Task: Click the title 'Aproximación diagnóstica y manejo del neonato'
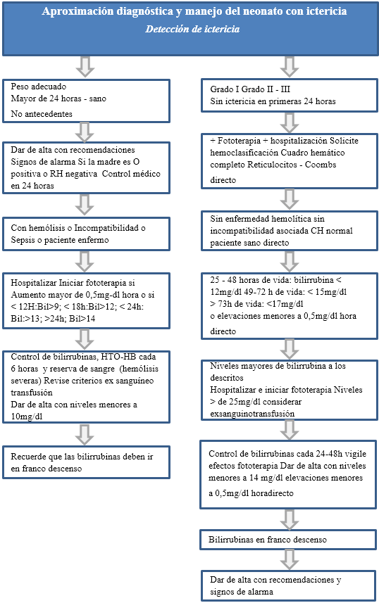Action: tap(189, 12)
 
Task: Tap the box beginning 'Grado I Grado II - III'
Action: tap(289, 96)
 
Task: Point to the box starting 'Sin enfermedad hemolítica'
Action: tap(289, 229)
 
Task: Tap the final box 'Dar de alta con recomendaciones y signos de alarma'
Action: tap(289, 585)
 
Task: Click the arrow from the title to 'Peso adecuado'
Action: tap(86, 67)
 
